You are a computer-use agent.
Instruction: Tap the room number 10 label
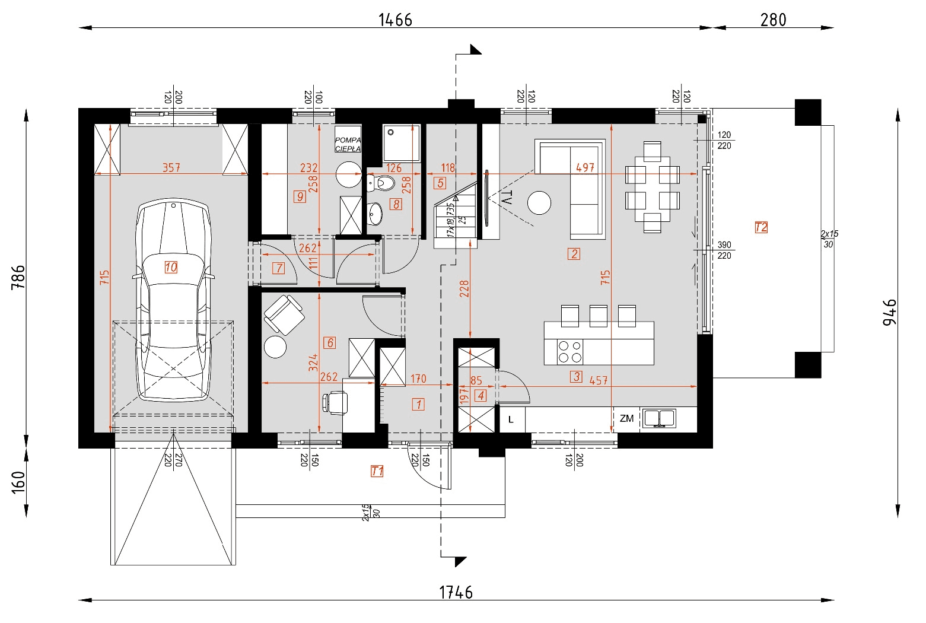[x=171, y=267]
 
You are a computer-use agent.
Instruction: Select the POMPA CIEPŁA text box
[x=348, y=144]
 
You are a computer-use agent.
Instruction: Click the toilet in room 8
[x=382, y=183]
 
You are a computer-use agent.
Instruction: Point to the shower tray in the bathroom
[x=401, y=142]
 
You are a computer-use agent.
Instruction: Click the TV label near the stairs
[x=506, y=198]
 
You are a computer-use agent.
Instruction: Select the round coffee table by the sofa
[x=539, y=202]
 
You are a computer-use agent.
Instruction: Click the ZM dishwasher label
[x=626, y=418]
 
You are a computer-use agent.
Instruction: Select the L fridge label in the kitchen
[x=511, y=419]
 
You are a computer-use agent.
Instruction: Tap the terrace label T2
[x=761, y=227]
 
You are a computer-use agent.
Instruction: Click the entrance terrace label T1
[x=377, y=471]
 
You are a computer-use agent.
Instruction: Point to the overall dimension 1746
[x=456, y=592]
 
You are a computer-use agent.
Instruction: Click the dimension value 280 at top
[x=773, y=20]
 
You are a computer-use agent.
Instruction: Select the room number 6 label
[x=330, y=342]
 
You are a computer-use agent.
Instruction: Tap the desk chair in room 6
[x=335, y=402]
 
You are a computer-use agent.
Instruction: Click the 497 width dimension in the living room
[x=585, y=168]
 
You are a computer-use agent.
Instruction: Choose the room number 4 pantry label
[x=480, y=395]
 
